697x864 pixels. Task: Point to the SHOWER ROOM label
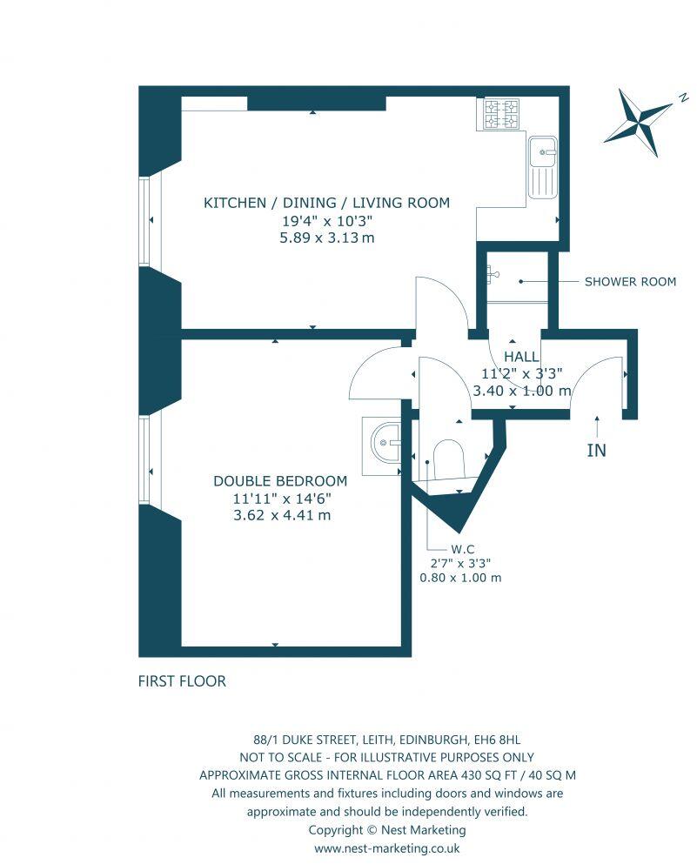[630, 282]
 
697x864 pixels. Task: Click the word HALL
[521, 357]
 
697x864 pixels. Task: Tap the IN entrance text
[597, 450]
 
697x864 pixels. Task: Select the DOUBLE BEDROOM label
[280, 481]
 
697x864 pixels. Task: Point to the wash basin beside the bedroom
[384, 444]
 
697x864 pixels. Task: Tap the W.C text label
[460, 548]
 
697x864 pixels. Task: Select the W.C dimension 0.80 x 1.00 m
[460, 578]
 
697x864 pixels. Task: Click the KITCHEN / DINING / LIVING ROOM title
[326, 203]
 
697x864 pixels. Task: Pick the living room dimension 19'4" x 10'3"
[326, 221]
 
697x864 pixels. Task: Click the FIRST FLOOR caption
[182, 681]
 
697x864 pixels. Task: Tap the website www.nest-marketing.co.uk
[386, 847]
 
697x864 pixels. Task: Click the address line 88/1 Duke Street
[386, 740]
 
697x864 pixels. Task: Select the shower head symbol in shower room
[493, 273]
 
